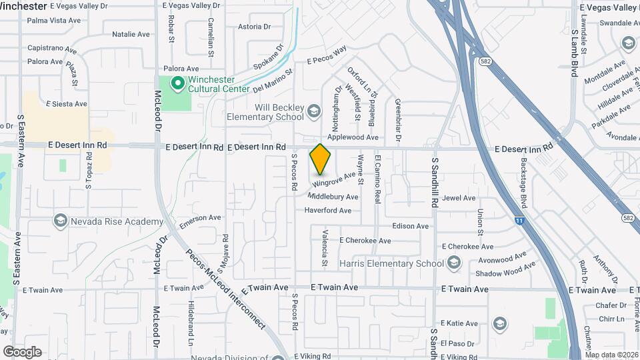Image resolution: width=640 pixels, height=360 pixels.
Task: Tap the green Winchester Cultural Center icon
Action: click(x=177, y=83)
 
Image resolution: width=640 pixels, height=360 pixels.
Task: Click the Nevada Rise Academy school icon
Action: click(x=60, y=221)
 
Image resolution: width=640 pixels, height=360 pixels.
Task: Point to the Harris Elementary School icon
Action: click(x=453, y=263)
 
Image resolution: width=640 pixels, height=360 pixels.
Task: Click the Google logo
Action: click(x=22, y=352)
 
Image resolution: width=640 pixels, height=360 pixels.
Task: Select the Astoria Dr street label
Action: click(x=254, y=27)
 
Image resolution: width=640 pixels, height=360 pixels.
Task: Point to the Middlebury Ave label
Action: click(x=333, y=197)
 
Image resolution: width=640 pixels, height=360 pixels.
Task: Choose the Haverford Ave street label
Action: click(x=327, y=211)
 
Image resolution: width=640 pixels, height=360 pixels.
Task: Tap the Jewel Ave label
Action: click(x=459, y=198)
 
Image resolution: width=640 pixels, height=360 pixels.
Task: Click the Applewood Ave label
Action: click(x=352, y=137)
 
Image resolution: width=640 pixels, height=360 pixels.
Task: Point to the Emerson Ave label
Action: click(x=199, y=218)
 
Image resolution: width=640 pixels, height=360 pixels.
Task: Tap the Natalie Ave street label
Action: click(x=131, y=34)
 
